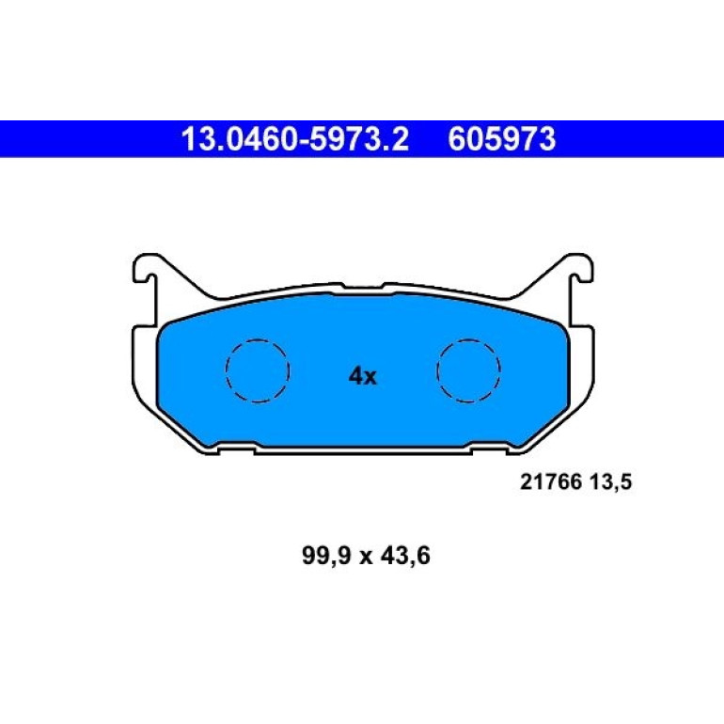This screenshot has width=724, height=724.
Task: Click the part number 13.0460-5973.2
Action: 295,139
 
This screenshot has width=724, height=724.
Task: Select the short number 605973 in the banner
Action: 501,139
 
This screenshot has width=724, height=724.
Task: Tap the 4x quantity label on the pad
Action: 362,377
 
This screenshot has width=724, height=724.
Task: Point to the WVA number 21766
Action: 550,482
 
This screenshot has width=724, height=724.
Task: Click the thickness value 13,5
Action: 610,482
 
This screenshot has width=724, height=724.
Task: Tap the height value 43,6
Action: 405,556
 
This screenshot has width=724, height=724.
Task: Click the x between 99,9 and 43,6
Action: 366,558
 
